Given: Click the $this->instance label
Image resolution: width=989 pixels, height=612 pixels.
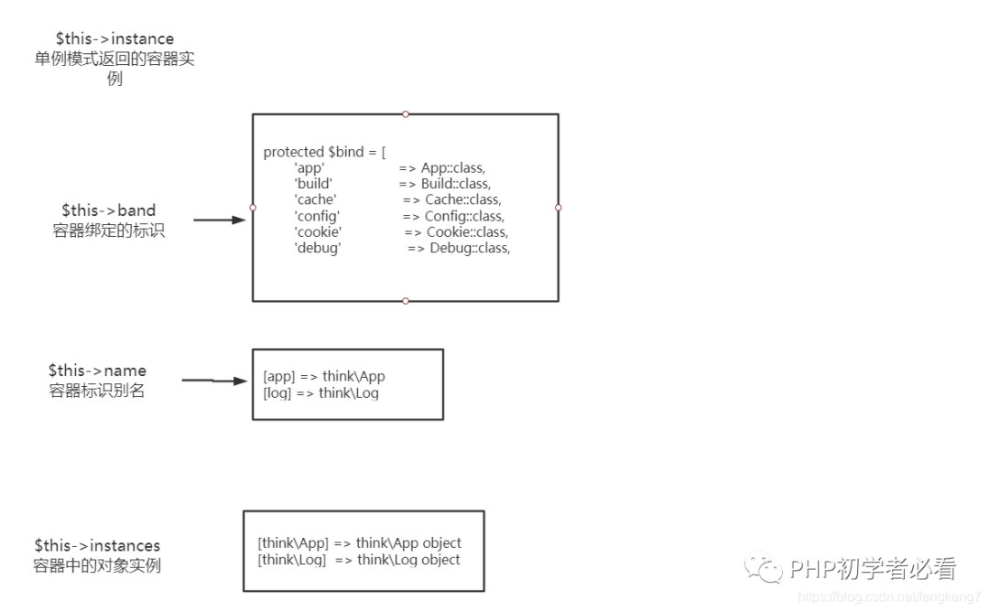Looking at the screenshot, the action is coord(114,39).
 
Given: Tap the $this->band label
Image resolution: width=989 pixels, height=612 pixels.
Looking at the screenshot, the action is coord(109,211).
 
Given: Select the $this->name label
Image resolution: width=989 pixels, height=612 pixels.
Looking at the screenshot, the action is coord(97,371).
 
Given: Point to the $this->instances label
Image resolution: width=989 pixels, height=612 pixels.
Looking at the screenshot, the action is coord(97,546).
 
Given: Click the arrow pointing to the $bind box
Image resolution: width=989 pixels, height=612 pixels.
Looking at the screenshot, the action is coord(219,220).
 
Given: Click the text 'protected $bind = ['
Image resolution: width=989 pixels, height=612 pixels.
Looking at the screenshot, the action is coord(325,152).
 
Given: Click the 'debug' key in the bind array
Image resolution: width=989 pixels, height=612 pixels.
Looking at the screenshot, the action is coord(318,248).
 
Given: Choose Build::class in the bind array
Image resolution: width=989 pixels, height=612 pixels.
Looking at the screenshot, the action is coord(456,184).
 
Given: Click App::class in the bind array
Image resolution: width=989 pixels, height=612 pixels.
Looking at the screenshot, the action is coord(452,168).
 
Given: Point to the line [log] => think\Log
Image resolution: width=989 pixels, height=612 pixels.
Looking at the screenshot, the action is coord(321,393).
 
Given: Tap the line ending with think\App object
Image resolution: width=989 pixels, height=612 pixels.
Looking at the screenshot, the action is coord(360,543).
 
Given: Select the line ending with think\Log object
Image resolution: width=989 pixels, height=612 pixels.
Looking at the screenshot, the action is coord(359,560).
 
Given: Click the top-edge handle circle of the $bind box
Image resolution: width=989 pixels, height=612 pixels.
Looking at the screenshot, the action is coord(406,114).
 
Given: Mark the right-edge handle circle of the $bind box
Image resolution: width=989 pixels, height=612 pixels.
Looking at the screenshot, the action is coord(558,208).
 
